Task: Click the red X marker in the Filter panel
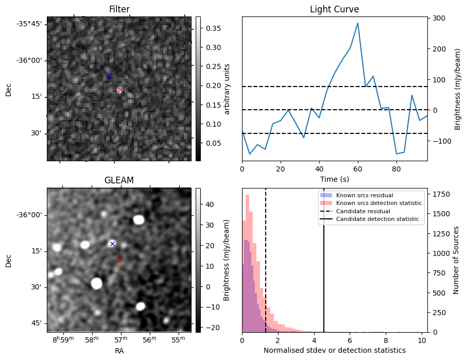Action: pos(120,90)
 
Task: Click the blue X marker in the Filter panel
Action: pos(110,76)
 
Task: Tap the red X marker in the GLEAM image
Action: pos(119,260)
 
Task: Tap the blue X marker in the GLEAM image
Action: pos(112,244)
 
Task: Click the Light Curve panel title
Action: pos(334,9)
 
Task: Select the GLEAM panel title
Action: pos(119,180)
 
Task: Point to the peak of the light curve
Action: pos(357,23)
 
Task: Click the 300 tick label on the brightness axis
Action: pos(439,19)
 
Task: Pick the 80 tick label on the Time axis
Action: pos(396,168)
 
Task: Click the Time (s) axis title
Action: pos(334,179)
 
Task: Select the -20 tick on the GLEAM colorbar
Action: pos(210,328)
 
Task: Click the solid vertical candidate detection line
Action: pos(324,268)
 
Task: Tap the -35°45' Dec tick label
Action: pos(29,24)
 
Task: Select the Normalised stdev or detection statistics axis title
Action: pos(334,350)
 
